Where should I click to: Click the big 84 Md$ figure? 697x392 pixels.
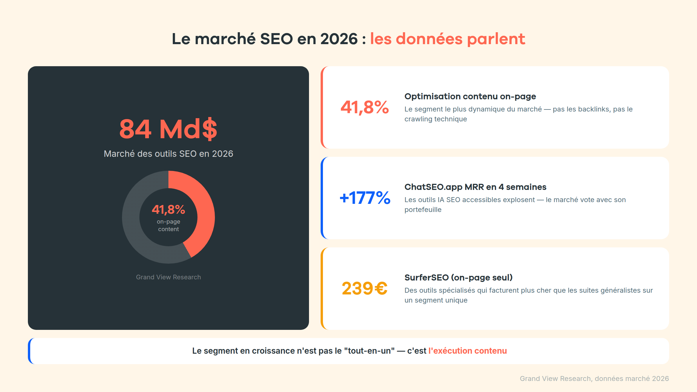click(168, 129)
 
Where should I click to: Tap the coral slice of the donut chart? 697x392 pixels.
click(204, 209)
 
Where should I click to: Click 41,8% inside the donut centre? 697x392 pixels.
click(168, 209)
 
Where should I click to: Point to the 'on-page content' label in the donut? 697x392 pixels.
click(168, 225)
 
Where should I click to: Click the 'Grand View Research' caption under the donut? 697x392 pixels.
click(168, 277)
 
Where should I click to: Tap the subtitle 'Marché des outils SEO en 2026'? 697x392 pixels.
click(168, 154)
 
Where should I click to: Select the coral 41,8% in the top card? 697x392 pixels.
click(364, 107)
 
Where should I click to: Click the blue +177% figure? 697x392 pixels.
click(365, 198)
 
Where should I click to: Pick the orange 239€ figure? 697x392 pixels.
click(364, 289)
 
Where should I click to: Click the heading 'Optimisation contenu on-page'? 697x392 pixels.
click(470, 96)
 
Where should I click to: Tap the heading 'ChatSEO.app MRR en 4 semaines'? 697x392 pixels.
click(475, 187)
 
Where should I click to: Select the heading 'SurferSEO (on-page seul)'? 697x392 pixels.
click(458, 278)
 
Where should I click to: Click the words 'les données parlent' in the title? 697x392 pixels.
click(447, 39)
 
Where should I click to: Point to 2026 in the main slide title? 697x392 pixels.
click(339, 39)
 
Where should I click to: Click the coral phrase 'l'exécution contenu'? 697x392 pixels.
click(468, 351)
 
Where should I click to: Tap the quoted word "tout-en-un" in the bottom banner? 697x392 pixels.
click(369, 351)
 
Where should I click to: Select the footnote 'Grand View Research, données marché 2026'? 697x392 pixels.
click(594, 379)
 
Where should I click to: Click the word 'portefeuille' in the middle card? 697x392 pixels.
click(423, 210)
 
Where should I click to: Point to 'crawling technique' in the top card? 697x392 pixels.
click(436, 119)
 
